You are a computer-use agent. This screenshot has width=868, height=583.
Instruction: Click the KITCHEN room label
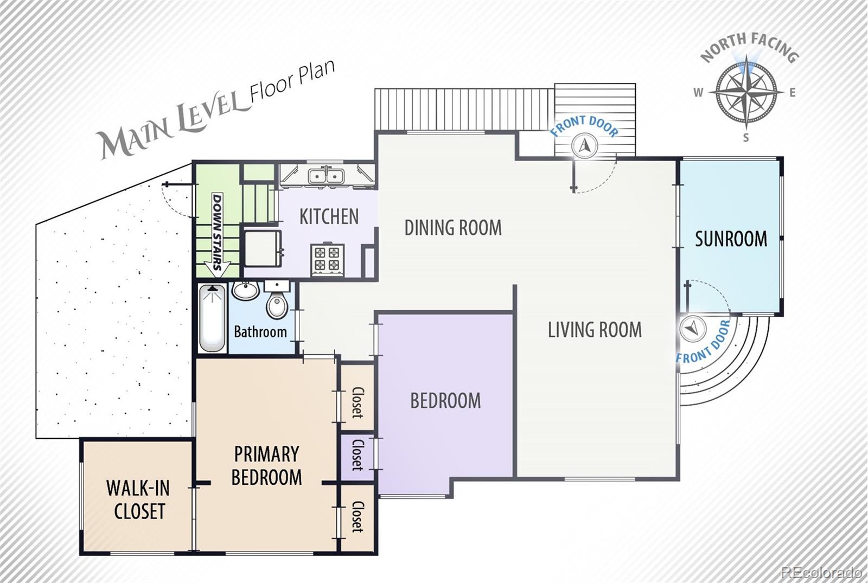tap(329, 216)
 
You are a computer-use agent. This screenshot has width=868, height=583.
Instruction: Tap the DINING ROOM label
tap(453, 227)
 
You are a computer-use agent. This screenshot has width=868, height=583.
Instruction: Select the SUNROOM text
tap(731, 239)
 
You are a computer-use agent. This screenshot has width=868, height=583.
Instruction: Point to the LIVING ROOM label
tap(595, 330)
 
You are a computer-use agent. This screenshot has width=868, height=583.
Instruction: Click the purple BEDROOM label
tap(445, 401)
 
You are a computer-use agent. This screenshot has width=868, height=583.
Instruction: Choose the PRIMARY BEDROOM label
tap(266, 466)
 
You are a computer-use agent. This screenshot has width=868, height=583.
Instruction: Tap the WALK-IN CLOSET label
tap(138, 499)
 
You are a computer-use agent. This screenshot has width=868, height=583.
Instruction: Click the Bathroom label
tap(260, 331)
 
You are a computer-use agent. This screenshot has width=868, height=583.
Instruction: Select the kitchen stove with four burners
tap(327, 260)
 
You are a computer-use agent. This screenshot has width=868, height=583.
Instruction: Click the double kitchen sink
tap(326, 176)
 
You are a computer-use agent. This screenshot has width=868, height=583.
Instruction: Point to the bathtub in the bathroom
tap(212, 318)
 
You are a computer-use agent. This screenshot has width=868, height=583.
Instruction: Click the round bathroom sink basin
tap(246, 291)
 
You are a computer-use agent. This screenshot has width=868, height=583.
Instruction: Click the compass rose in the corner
tap(745, 93)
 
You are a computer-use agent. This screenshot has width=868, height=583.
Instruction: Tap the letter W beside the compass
tap(698, 93)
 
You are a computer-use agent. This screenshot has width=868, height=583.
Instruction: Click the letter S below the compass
tap(746, 138)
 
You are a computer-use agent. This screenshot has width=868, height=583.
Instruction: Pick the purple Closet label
tap(358, 455)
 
